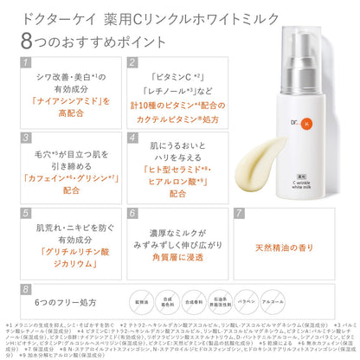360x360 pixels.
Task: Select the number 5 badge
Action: pyautogui.click(x=27, y=212)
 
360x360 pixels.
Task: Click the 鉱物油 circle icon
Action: pyautogui.click(x=155, y=299)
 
